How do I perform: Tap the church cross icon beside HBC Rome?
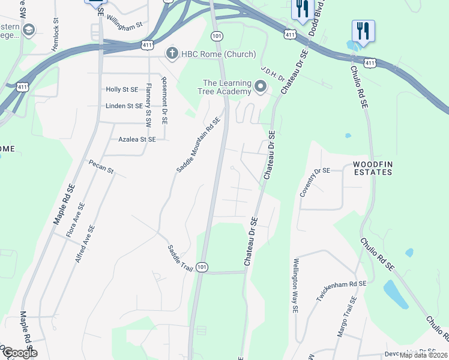(171, 54)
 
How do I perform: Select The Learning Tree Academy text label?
(226, 87)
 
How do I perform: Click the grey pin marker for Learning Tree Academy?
(261, 87)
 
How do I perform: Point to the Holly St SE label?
(122, 89)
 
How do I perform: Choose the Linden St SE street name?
(124, 106)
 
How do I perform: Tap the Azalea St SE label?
(136, 139)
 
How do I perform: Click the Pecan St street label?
(101, 166)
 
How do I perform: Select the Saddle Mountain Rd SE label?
(199, 145)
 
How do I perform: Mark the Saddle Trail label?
(179, 258)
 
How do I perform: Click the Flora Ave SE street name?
(76, 220)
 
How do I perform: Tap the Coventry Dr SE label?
(315, 182)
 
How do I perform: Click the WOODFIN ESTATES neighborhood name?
(372, 168)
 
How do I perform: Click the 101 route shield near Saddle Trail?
(202, 267)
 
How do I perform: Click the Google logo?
(20, 353)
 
